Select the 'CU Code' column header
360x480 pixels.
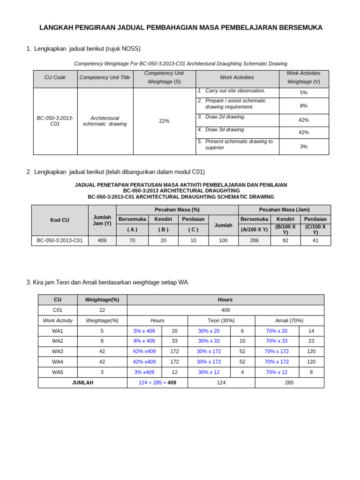55,77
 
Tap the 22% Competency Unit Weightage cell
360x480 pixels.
164,121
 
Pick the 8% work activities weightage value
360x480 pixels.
304,106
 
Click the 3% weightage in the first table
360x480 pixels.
304,147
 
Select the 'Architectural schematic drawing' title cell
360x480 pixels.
105,121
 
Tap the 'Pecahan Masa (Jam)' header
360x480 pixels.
285,210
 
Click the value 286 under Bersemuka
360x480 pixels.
255,240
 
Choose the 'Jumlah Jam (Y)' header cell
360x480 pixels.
102,220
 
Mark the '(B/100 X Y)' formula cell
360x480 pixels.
285,229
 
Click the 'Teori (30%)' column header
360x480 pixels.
221,321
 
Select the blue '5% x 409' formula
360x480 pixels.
144,331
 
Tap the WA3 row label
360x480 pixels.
58,352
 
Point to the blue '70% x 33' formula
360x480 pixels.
277,341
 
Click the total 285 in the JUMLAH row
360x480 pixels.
289,382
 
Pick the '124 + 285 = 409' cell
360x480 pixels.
157,382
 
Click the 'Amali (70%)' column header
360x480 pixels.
289,321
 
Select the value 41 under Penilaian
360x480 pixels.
315,240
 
